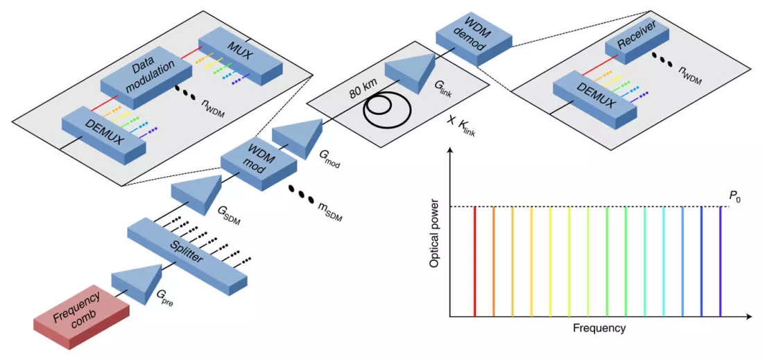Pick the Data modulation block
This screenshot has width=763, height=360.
pyautogui.click(x=146, y=78)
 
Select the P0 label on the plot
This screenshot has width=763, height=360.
pyautogui.click(x=735, y=198)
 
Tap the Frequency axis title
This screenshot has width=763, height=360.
pyautogui.click(x=599, y=328)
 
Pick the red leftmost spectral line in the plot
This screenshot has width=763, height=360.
pyautogui.click(x=474, y=262)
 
